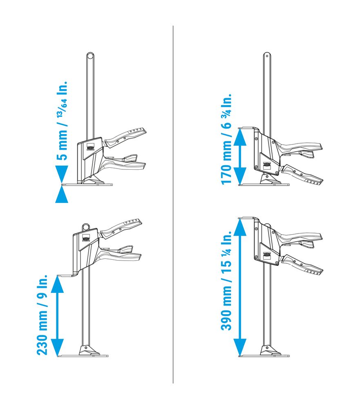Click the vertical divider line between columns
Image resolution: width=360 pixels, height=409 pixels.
tap(173, 204)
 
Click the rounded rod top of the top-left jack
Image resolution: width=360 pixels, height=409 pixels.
tap(89, 56)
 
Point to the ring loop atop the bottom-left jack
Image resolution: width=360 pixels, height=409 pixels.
tap(86, 226)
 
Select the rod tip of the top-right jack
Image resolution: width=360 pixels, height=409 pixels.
tap(267, 54)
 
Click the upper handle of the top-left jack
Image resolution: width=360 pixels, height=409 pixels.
tap(127, 136)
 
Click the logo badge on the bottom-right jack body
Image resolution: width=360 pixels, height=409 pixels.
tap(267, 255)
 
